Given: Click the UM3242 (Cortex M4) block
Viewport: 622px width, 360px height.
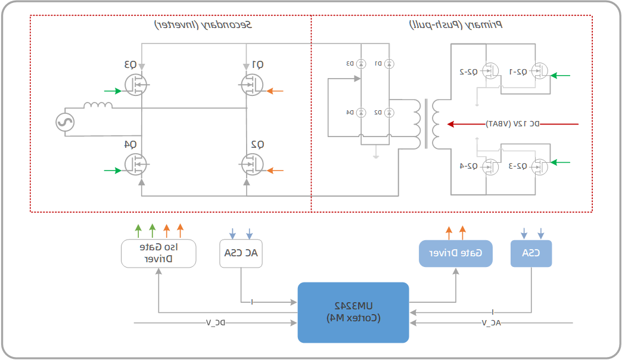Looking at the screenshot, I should click(353, 312).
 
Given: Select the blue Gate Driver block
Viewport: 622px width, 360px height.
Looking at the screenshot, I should click(456, 253).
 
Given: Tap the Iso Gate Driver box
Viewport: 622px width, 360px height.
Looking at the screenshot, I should click(158, 253).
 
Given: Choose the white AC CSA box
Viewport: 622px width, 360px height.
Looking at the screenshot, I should click(241, 253).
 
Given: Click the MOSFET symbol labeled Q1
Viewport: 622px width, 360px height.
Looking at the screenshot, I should click(252, 85).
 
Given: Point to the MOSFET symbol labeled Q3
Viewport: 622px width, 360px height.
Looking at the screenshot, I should click(138, 85).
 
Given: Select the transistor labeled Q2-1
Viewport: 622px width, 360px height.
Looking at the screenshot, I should click(539, 71).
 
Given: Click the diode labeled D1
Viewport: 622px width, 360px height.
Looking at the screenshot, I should click(388, 63).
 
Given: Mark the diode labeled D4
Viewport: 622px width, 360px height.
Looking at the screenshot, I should click(360, 112).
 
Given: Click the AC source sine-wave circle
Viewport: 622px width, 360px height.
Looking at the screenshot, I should click(64, 123).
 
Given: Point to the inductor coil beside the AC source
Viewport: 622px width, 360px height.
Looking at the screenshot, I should click(98, 106).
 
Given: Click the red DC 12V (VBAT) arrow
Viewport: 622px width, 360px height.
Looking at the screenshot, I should click(512, 124).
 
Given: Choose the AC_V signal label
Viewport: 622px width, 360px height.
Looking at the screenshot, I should click(489, 323).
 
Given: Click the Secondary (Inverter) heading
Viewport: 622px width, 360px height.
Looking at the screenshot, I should click(203, 25).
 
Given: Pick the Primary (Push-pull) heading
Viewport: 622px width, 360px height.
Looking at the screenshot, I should click(456, 25).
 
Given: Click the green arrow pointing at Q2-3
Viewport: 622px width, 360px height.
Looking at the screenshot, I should click(561, 162).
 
